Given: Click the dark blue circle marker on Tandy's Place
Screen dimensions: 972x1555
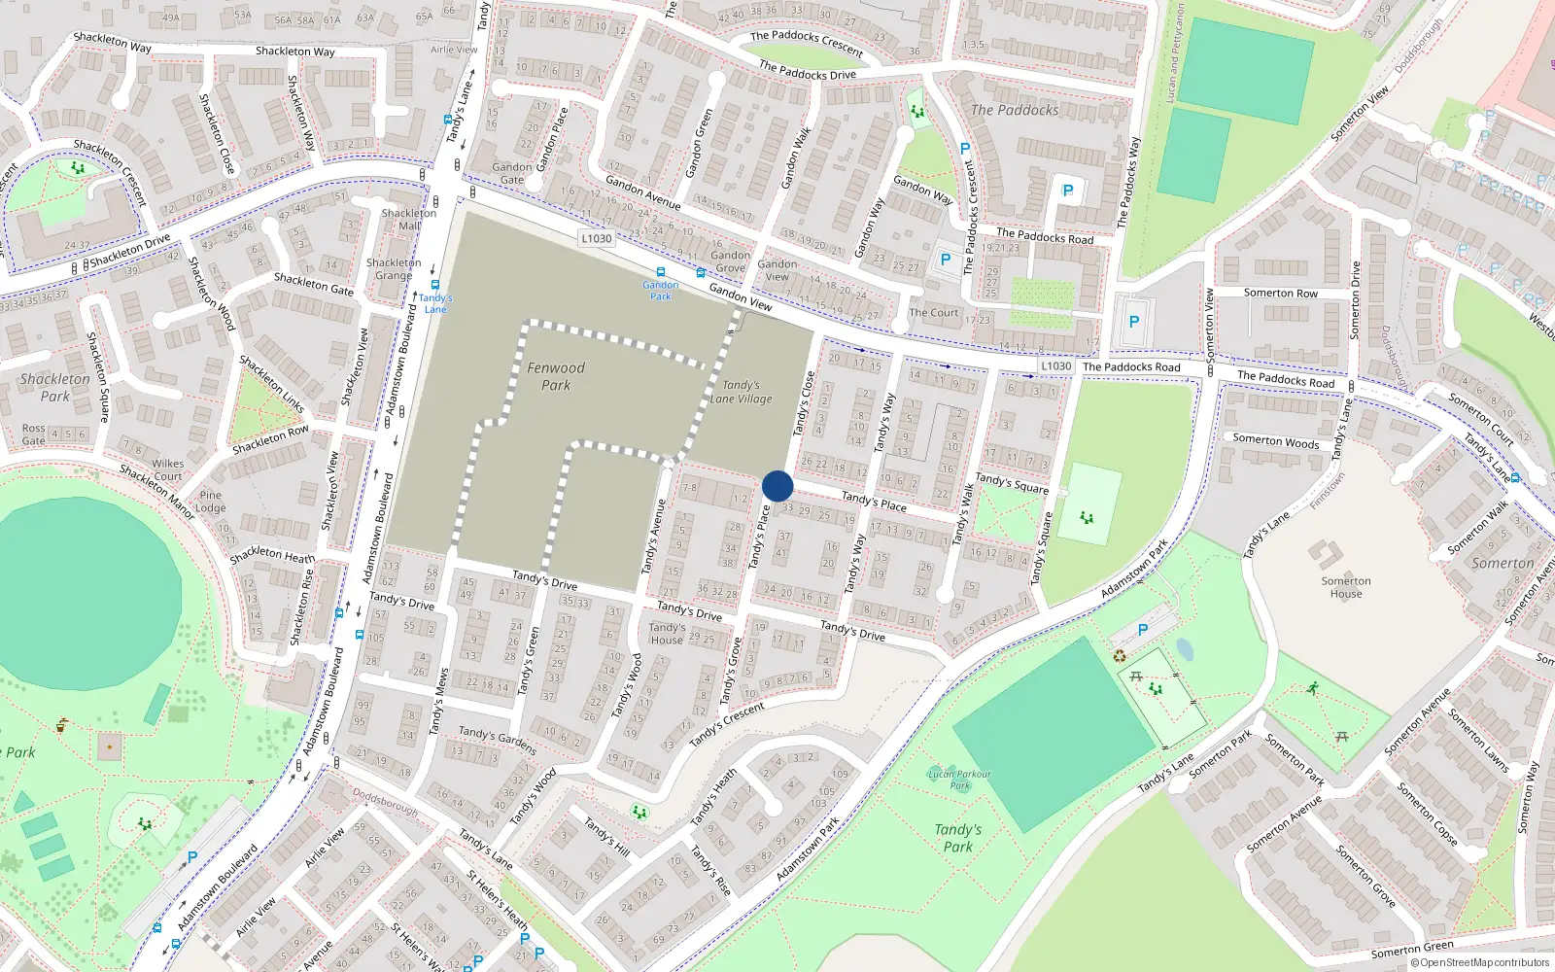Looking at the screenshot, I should tap(777, 486).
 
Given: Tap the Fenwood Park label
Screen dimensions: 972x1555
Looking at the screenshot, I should tap(556, 376).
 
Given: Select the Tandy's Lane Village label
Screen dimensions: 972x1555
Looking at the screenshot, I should tap(741, 392).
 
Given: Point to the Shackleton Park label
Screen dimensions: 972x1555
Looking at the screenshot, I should tap(54, 387).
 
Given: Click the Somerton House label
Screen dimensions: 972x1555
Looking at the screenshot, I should tap(1346, 587).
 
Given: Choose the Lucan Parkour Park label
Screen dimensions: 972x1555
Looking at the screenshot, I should tap(959, 780).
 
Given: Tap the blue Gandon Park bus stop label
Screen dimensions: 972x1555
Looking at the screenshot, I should tap(660, 290).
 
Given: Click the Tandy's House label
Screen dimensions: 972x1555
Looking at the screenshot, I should tap(667, 634).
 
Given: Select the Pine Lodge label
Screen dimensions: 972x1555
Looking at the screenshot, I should tap(210, 502).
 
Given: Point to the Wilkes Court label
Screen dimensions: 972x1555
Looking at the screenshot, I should tap(167, 469).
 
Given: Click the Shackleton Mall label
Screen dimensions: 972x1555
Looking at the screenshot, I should tap(409, 219).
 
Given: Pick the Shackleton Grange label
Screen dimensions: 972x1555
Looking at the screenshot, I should tap(394, 269).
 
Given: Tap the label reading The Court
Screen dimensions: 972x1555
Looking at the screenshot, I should tap(933, 313).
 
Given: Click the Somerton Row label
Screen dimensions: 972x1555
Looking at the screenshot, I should tap(1281, 293).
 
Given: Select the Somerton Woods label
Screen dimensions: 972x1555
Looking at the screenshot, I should tap(1276, 441).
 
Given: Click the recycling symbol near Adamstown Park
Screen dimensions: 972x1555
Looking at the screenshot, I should tap(1120, 656).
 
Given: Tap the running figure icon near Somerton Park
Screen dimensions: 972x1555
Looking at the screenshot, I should tap(1313, 688).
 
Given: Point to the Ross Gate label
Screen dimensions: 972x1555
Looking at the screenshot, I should tap(34, 434).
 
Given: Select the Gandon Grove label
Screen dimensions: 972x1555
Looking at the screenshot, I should tap(730, 261).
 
